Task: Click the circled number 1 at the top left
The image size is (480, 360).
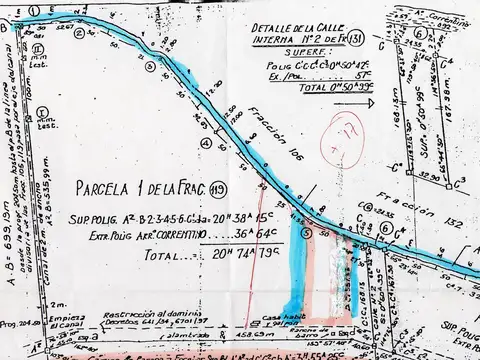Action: coord(34,8)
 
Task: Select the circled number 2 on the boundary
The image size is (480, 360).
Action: coord(150,66)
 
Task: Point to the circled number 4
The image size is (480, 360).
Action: coord(206,143)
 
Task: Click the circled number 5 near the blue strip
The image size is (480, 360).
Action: coord(307,232)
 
